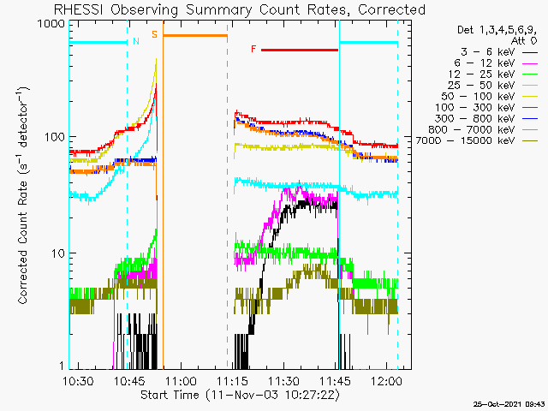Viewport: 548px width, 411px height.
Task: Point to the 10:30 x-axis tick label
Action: pos(78,380)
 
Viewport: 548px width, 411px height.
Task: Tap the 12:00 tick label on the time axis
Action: pos(387,380)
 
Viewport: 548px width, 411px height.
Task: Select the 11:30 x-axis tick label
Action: pos(283,380)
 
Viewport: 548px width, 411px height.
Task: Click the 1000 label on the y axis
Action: pos(51,25)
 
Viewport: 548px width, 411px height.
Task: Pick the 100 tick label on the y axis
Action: pos(55,137)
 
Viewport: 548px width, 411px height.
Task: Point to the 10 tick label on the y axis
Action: pos(58,253)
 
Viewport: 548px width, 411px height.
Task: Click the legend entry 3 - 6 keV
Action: pos(488,52)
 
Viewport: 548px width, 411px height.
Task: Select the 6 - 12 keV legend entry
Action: pos(485,63)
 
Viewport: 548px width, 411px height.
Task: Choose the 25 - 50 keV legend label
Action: pos(481,86)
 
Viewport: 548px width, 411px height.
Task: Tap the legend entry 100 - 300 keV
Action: pos(475,108)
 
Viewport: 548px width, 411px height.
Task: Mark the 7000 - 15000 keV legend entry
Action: pos(465,140)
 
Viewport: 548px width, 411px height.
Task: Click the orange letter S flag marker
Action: pos(154,34)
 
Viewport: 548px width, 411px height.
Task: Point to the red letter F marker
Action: pos(253,49)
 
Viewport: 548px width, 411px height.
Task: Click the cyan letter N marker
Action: pos(136,41)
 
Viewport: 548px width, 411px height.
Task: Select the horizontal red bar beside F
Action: pos(300,50)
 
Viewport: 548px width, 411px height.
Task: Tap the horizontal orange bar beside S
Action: pos(195,35)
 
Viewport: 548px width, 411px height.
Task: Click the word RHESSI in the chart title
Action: pos(78,9)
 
